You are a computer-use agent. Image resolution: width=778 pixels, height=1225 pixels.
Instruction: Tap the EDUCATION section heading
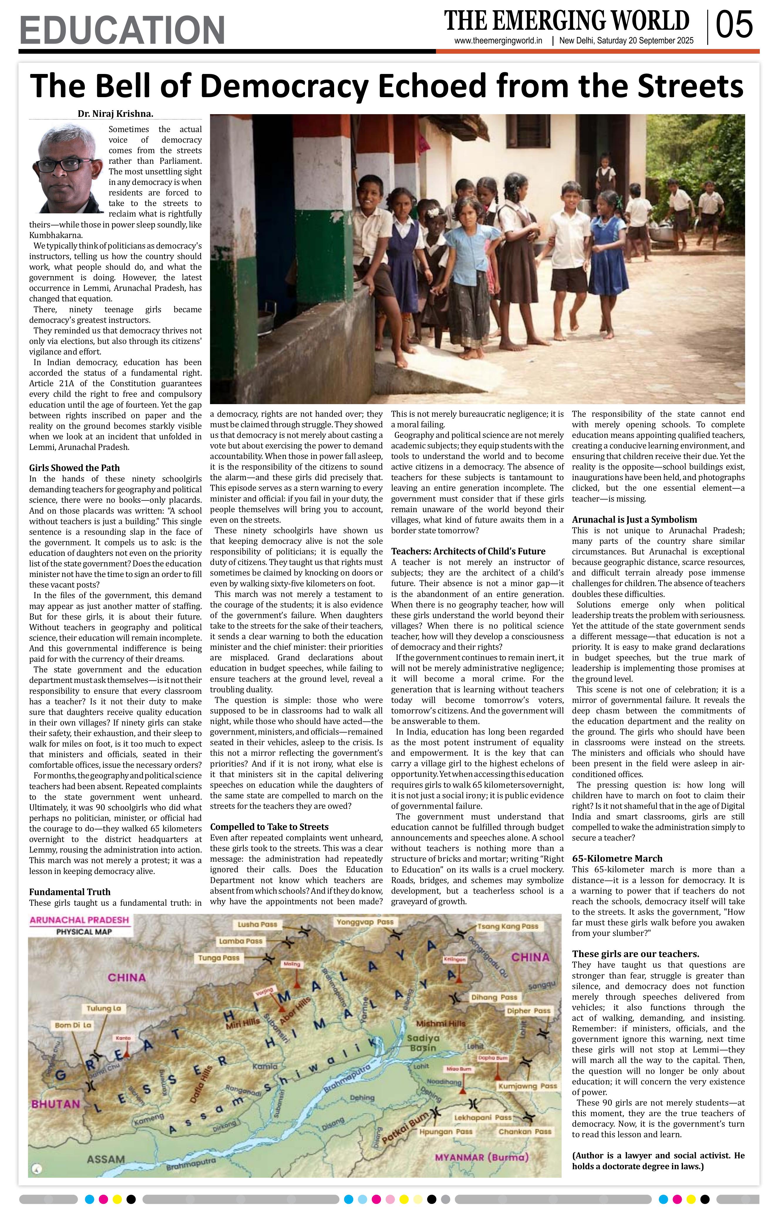[122, 31]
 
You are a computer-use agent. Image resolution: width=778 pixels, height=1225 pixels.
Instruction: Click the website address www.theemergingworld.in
[498, 41]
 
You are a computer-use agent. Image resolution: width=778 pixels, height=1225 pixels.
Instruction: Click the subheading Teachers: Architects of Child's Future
[468, 551]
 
